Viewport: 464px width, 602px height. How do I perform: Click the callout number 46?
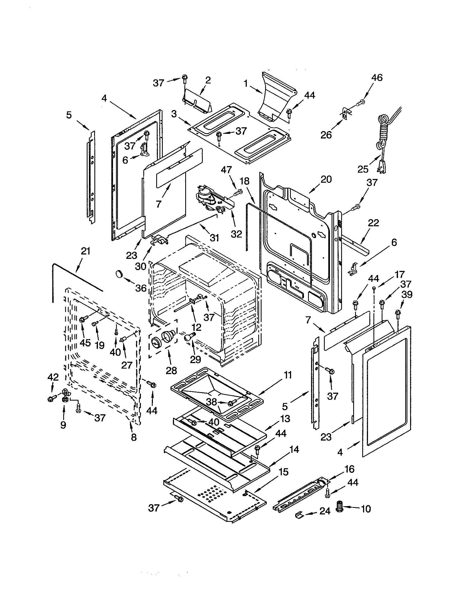[377, 78]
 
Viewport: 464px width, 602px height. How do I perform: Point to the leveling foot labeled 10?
[340, 507]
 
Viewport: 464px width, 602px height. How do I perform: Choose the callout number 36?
[141, 288]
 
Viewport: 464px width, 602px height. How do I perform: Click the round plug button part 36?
[119, 274]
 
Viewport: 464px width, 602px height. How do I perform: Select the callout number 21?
[85, 251]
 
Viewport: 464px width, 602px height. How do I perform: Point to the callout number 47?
[226, 170]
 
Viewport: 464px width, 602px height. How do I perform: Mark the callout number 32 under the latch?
[236, 234]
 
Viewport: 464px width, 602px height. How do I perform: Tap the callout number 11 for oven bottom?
[287, 375]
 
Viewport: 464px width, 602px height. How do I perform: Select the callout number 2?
[208, 80]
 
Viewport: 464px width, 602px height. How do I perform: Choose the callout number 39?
[407, 295]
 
